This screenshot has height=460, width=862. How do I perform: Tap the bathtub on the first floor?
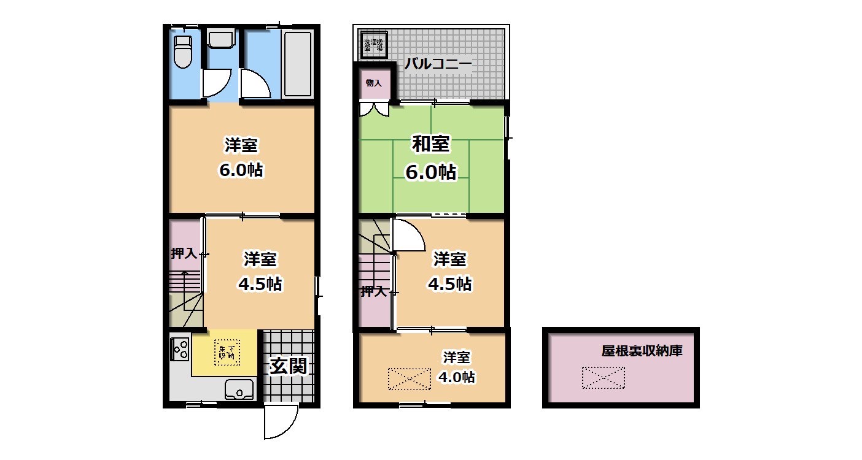click(x=298, y=63)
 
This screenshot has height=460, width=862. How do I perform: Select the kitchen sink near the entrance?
click(x=239, y=389)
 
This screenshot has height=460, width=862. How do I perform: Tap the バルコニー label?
click(x=438, y=64)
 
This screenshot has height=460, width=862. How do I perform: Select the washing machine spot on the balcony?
click(x=373, y=45)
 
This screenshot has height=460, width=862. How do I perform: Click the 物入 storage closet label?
click(x=374, y=82)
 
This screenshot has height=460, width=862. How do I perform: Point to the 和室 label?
click(x=430, y=145)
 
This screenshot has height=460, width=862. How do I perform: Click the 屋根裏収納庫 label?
click(x=642, y=351)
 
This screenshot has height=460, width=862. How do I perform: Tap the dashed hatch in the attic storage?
click(x=603, y=378)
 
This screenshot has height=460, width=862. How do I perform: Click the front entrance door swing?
click(x=279, y=423)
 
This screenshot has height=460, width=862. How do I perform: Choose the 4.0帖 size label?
click(x=456, y=377)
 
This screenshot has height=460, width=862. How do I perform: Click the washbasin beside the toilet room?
click(x=221, y=40)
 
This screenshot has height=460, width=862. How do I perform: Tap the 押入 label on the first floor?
click(x=184, y=253)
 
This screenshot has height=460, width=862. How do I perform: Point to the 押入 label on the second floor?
click(x=373, y=291)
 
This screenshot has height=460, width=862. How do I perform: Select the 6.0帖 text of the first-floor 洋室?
click(x=241, y=171)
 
